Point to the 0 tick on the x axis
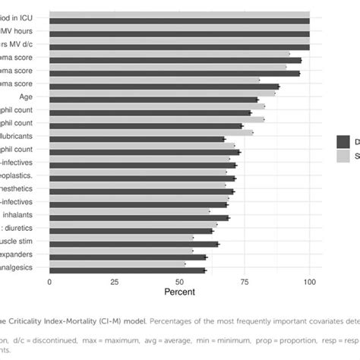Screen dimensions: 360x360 coord(49,282)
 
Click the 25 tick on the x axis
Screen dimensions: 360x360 coord(115,282)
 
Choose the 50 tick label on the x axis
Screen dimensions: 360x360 coord(179,282)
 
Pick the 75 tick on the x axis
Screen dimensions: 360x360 coord(245,282)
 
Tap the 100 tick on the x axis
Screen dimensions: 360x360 coord(309,282)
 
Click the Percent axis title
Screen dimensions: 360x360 coord(180,292)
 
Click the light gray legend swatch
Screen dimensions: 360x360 coord(343,155)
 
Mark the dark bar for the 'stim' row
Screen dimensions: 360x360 coord(134,245)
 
